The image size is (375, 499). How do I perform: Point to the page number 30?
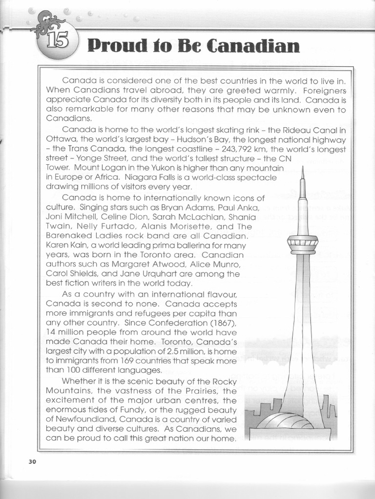click(x=32, y=462)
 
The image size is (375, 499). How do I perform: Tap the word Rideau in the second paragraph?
click(x=291, y=130)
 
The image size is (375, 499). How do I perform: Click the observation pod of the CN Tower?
click(x=303, y=244)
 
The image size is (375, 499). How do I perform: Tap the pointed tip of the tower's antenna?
click(x=303, y=169)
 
